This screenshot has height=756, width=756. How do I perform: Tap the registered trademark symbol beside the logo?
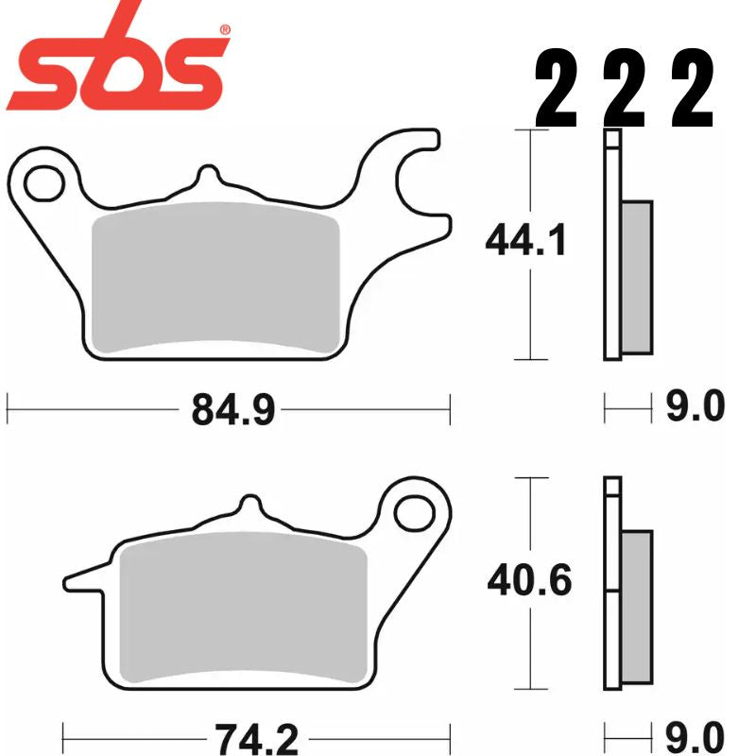point(224,30)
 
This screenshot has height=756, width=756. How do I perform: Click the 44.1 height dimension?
point(526,243)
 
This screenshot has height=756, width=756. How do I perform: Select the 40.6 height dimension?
point(528,581)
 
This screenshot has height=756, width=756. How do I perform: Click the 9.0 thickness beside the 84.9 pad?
point(695,407)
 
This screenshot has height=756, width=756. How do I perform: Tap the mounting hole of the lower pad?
point(412,512)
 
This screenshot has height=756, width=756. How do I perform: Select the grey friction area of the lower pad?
point(242,605)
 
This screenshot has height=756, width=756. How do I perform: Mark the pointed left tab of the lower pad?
point(80,574)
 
